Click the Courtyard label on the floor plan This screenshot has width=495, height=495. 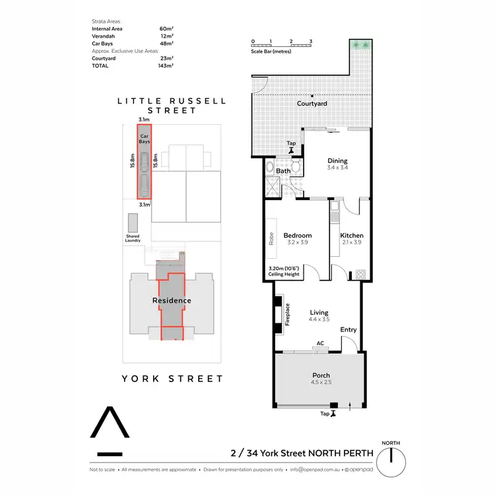coord(313,104)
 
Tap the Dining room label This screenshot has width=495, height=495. coord(337,160)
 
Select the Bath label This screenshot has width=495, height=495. coord(283,172)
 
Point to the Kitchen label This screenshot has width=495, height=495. coord(351,236)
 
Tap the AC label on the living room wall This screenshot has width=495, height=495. coord(319,343)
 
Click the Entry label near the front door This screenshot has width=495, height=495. coord(348,329)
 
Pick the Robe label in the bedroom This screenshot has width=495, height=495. coord(271,238)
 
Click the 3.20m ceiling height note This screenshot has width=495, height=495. coord(284,271)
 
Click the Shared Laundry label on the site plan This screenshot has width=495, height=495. coord(133,239)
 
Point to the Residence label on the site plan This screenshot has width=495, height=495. coord(172,300)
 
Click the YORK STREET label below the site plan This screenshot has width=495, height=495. coord(172,379)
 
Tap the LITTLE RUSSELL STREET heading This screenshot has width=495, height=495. coord(172,106)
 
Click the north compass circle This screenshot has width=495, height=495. coord(391,455)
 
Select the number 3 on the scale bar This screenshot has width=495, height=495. coord(310,41)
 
